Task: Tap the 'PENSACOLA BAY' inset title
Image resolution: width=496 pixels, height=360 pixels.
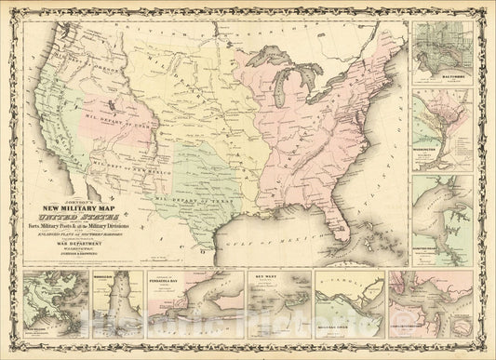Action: tap(172, 277)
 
